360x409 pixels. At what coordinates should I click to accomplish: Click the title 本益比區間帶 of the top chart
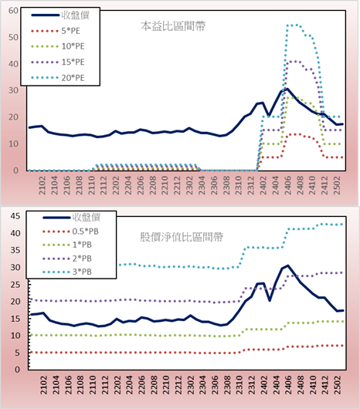(x=173, y=26)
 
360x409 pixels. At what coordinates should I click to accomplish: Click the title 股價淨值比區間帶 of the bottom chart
(x=182, y=237)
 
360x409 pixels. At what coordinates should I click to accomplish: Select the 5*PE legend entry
(x=56, y=31)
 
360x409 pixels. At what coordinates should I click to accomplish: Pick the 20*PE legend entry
(x=57, y=78)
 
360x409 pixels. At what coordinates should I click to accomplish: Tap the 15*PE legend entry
(x=57, y=62)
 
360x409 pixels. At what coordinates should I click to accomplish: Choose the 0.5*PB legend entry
(x=70, y=232)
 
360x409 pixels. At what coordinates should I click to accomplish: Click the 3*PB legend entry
(x=67, y=272)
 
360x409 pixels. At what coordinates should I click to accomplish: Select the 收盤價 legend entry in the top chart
(x=60, y=15)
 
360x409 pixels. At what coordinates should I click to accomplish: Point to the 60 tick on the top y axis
(x=13, y=11)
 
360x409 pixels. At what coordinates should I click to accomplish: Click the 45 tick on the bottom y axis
(x=15, y=216)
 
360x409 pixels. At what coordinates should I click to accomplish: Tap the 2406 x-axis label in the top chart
(x=287, y=185)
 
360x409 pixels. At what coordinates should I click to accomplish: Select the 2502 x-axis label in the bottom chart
(x=338, y=385)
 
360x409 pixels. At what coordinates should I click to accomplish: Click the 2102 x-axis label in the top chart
(x=42, y=185)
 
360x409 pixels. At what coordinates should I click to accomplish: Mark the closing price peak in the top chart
(x=287, y=89)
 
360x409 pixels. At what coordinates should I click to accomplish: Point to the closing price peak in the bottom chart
(x=287, y=265)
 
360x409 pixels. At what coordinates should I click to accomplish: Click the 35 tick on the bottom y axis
(x=15, y=250)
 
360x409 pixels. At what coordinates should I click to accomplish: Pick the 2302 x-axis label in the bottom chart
(x=190, y=385)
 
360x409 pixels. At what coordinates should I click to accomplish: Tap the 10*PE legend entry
(x=57, y=46)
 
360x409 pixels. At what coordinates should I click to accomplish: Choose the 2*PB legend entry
(x=67, y=259)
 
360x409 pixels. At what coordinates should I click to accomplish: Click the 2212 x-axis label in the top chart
(x=177, y=185)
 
